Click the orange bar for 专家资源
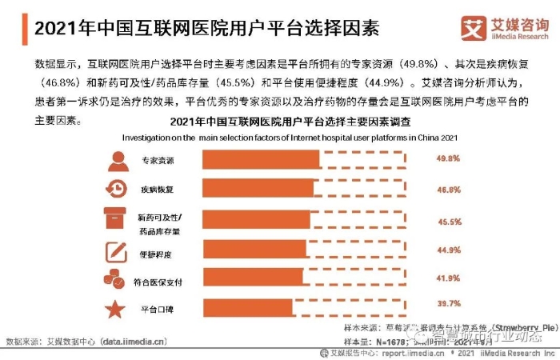(x=261, y=159)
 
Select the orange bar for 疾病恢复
(x=258, y=190)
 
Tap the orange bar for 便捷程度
(x=254, y=249)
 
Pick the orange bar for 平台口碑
(x=247, y=307)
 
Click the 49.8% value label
(x=448, y=159)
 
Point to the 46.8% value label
(x=448, y=190)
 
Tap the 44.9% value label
(x=448, y=250)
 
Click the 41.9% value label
(x=448, y=278)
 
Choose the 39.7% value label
(x=448, y=304)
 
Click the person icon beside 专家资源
(x=117, y=159)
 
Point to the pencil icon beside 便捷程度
(x=116, y=252)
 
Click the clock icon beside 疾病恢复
(x=116, y=190)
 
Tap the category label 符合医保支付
(x=160, y=280)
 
